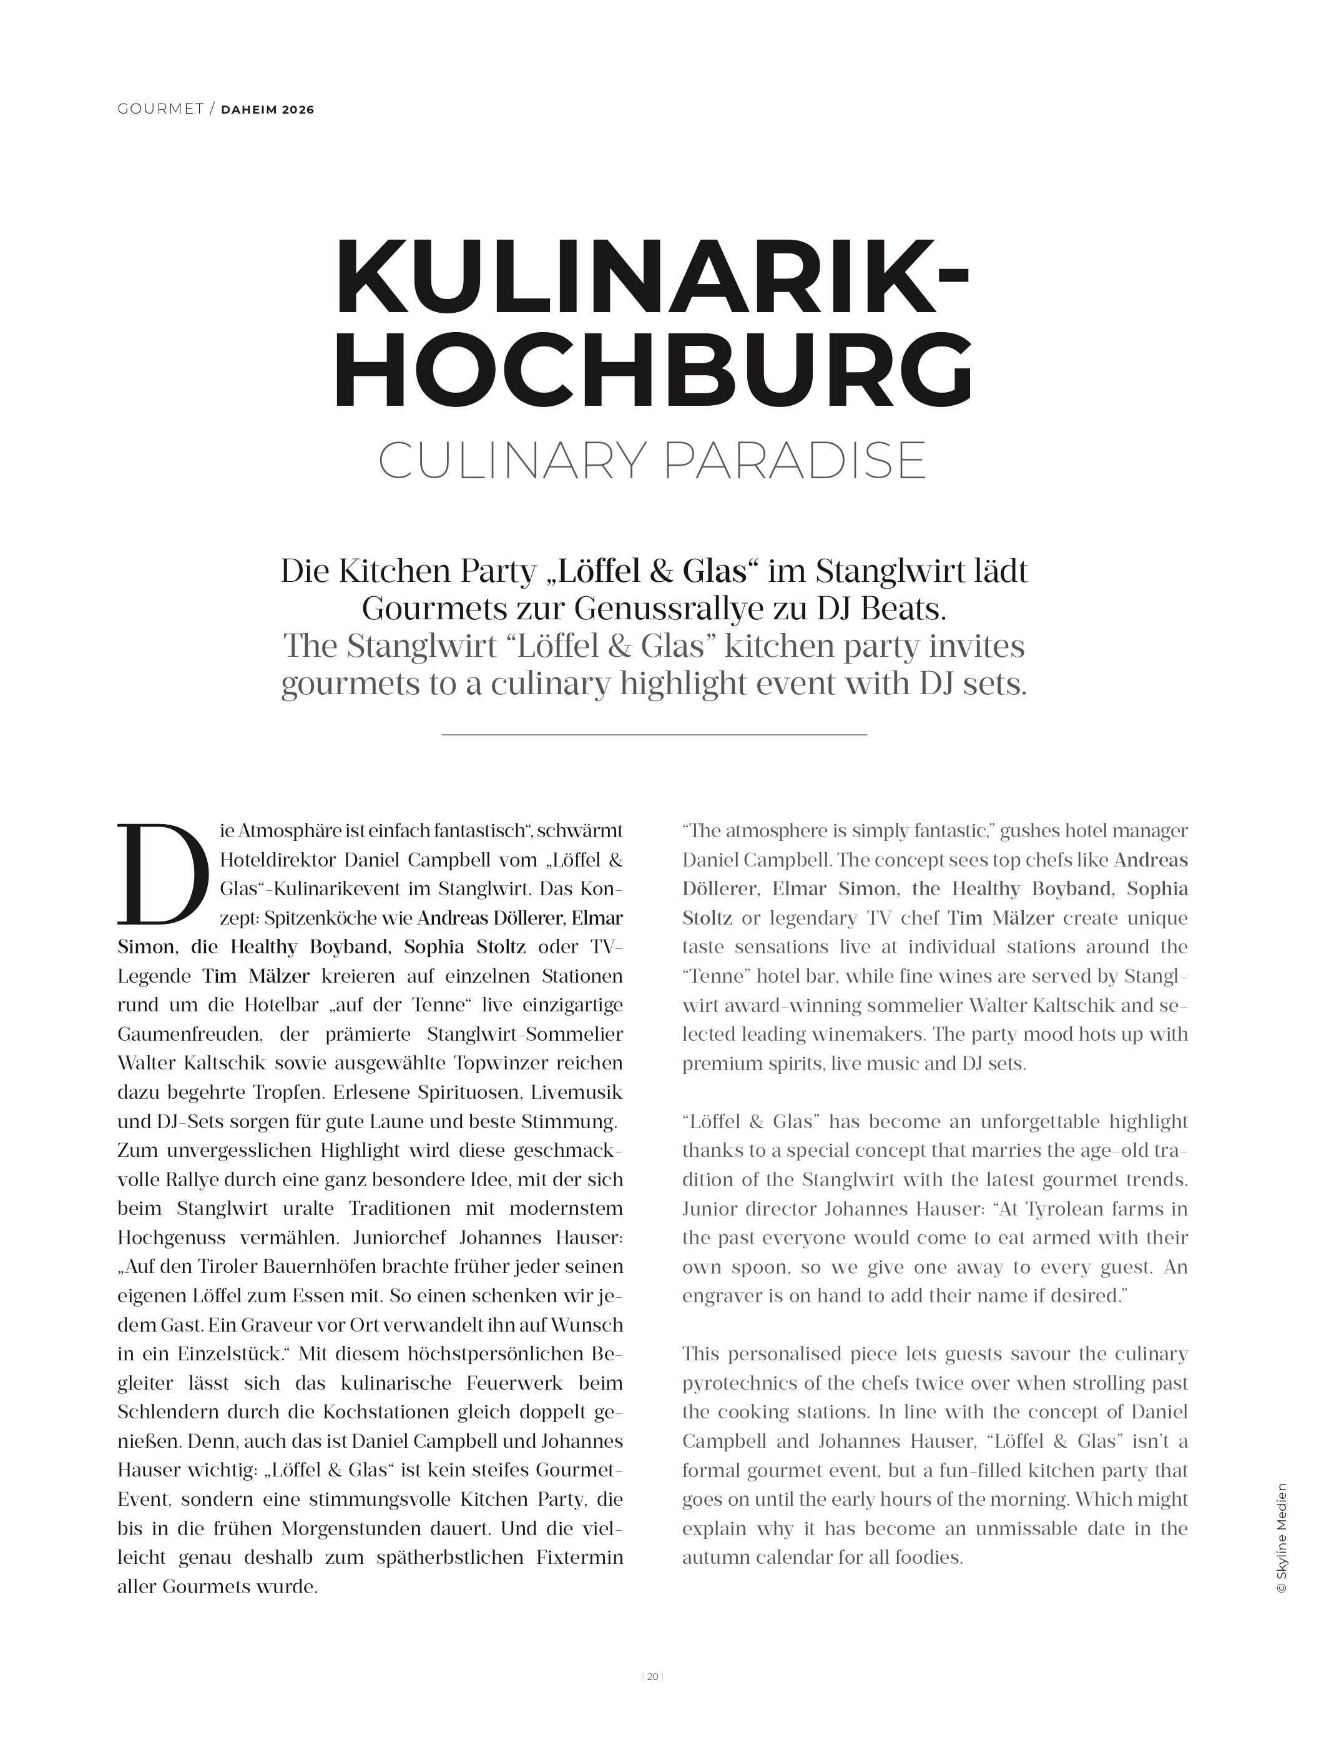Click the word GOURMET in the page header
click(x=160, y=109)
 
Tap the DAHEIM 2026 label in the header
click(x=267, y=110)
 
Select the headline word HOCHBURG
click(x=652, y=371)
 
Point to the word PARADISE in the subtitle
click(x=794, y=461)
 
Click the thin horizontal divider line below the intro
click(x=654, y=735)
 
